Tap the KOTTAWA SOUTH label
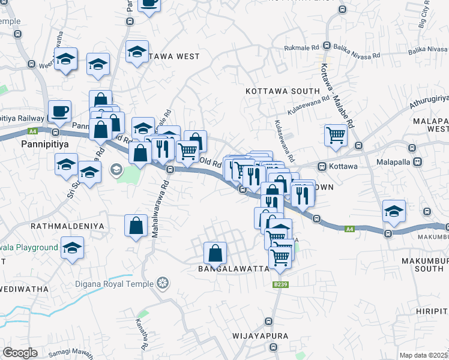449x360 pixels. click(x=283, y=91)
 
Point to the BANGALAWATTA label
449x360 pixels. click(x=234, y=269)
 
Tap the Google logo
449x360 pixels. click(x=20, y=353)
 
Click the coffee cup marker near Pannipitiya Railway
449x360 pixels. click(x=59, y=111)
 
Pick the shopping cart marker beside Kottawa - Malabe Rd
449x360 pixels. click(x=336, y=134)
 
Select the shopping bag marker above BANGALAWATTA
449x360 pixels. click(x=215, y=253)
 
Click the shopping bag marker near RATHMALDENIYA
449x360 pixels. click(x=136, y=226)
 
